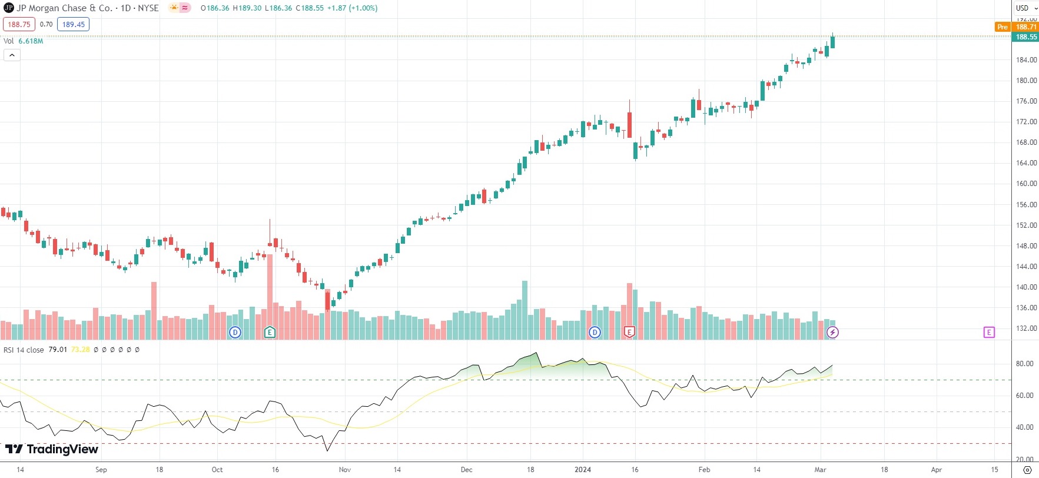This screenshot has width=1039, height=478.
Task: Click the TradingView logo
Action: tap(52, 449)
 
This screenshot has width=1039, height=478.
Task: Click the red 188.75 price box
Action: tap(19, 24)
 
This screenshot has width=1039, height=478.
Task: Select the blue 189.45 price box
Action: tap(73, 24)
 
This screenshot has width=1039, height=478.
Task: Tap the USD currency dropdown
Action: tap(1025, 8)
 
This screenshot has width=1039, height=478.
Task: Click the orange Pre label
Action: tap(1002, 27)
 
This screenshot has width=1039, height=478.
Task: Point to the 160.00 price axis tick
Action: tap(1026, 184)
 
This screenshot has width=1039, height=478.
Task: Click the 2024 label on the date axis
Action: tap(582, 470)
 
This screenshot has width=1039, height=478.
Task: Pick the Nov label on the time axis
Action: tap(345, 470)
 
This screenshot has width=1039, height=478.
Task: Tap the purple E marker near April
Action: tap(989, 333)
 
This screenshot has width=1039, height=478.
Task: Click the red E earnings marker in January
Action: tap(629, 333)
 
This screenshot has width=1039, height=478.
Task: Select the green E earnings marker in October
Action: tap(270, 333)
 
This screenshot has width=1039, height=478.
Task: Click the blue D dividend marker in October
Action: tap(235, 333)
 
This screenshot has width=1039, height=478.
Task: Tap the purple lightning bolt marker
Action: tap(832, 333)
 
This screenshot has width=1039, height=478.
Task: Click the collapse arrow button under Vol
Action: tap(12, 55)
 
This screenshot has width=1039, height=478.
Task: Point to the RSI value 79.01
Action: tap(58, 350)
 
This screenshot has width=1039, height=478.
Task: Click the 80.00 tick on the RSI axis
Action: tap(1025, 364)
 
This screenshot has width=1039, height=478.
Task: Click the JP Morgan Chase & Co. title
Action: tap(64, 8)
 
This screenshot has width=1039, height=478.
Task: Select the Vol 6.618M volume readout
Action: tap(24, 41)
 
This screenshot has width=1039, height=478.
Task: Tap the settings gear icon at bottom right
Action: tap(1027, 470)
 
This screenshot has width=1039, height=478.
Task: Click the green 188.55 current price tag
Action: tap(1026, 37)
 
